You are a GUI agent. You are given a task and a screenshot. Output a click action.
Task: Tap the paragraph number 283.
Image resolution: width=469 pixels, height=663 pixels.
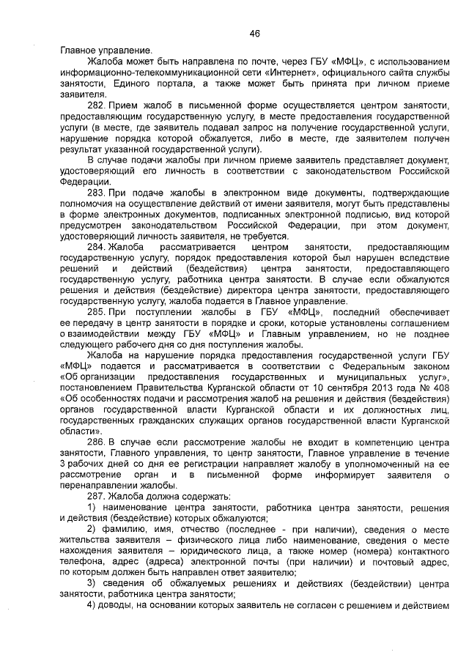coord(97,192)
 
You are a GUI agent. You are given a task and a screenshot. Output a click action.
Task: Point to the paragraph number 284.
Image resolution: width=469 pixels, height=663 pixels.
coord(97,247)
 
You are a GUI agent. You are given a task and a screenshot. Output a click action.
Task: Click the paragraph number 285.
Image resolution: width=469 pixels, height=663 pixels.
coord(97,311)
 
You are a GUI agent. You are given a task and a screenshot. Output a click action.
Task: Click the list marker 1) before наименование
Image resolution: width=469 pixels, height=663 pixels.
coord(92,506)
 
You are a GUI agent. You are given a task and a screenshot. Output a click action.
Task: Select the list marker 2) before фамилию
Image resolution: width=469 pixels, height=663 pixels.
coord(92,528)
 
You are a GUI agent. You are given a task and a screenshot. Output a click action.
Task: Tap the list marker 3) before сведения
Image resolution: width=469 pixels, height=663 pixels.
coord(92,582)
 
